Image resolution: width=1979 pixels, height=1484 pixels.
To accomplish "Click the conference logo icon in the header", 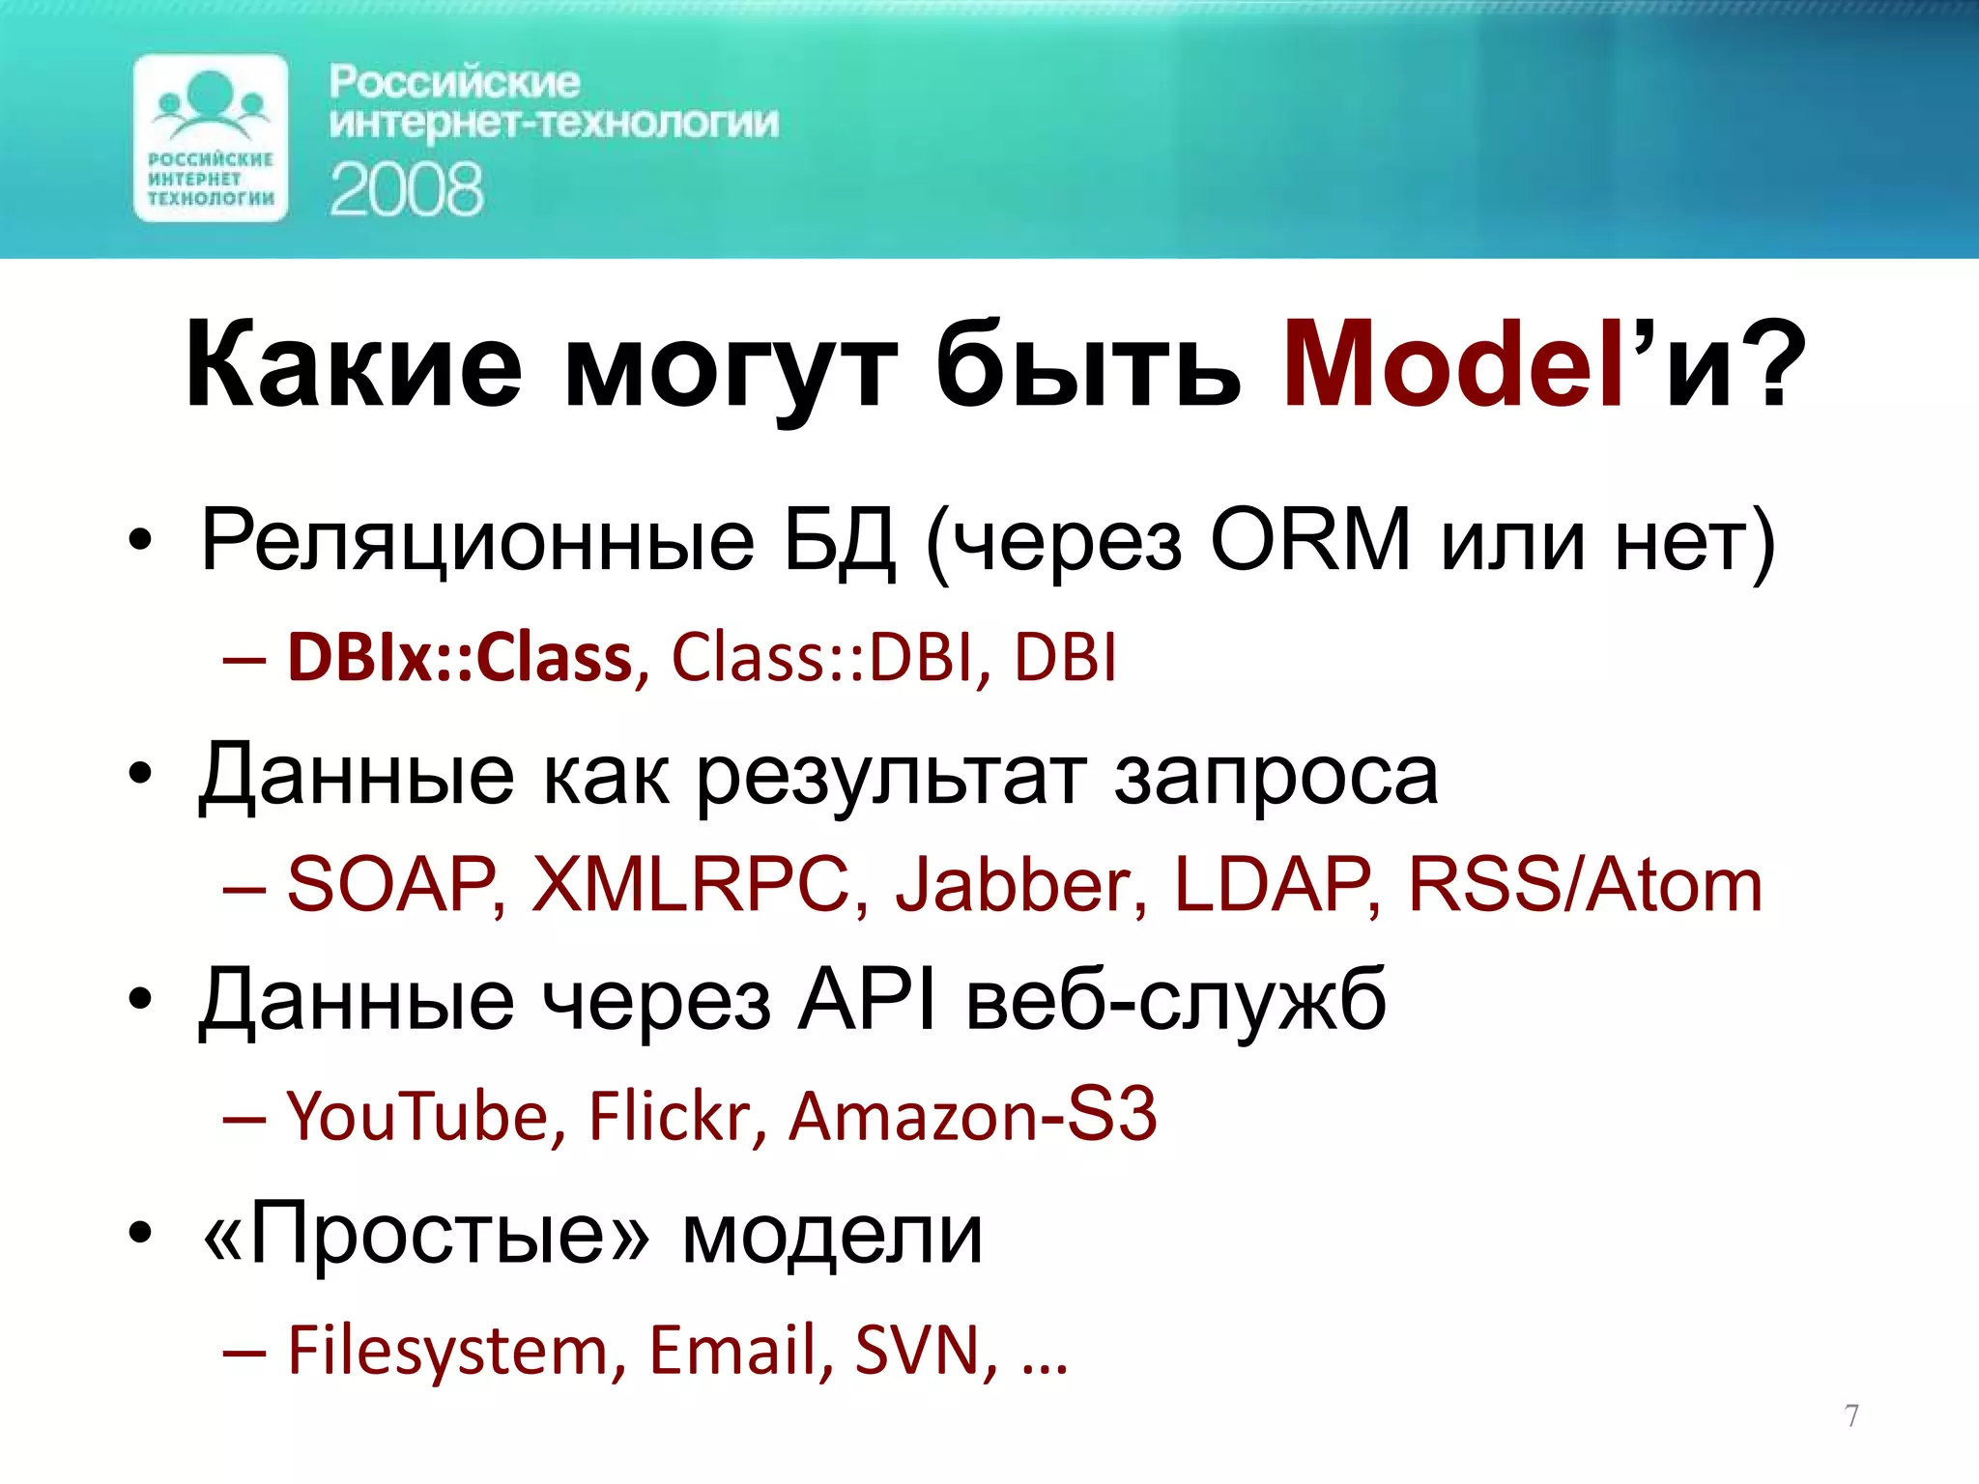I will point(211,138).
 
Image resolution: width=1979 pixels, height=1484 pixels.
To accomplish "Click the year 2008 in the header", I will point(406,189).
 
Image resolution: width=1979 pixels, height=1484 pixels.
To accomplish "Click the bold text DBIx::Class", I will point(460,658).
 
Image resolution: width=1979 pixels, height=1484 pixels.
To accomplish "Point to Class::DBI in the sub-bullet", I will point(822,658).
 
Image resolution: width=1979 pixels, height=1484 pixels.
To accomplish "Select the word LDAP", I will point(1273,884).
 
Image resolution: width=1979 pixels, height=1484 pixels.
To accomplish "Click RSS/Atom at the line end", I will point(1585,884).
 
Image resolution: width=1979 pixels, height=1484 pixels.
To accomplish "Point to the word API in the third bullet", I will point(867,1001).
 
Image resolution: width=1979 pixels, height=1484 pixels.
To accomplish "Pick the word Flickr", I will point(671,1116).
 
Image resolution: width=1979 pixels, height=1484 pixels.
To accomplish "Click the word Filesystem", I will point(448,1351).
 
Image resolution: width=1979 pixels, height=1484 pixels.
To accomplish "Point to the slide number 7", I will point(1851,1416).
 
